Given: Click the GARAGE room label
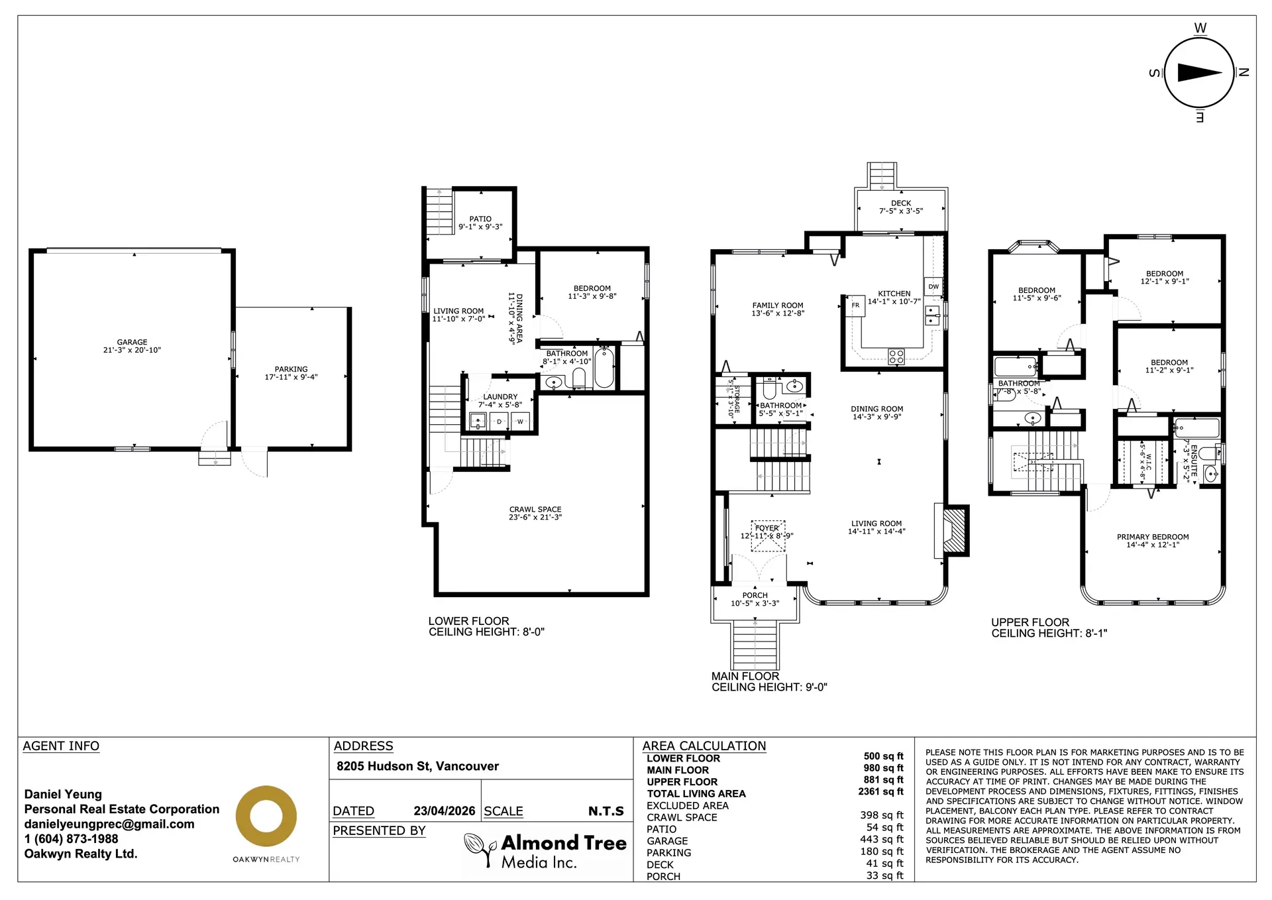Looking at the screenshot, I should click(x=132, y=343).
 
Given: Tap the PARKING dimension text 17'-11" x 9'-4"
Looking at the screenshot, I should click(x=291, y=377).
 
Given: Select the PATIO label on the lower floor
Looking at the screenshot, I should click(x=480, y=219).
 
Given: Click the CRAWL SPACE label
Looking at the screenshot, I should click(x=535, y=510).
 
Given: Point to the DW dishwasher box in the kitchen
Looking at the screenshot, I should click(x=933, y=287).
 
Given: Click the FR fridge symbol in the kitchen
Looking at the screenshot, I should click(x=855, y=306).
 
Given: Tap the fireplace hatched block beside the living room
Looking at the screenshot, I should click(x=955, y=531).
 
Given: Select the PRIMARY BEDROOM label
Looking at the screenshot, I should click(x=1152, y=537).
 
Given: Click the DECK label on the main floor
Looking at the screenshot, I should click(x=900, y=203).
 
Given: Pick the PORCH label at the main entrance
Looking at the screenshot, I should click(x=755, y=595).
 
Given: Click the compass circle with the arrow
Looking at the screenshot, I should click(x=1198, y=73).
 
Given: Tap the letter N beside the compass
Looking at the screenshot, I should click(x=1244, y=73).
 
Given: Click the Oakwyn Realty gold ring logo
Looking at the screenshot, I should click(x=266, y=816).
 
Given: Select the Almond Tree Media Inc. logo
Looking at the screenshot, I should click(x=545, y=851).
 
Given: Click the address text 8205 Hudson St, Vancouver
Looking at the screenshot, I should click(x=417, y=766).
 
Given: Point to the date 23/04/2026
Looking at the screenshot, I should click(x=444, y=811).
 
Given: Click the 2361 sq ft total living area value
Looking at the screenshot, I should click(x=880, y=791).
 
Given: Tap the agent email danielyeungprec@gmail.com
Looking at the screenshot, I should click(x=109, y=824).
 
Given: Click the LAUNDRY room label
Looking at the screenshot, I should click(x=500, y=397).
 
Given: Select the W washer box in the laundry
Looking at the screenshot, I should click(x=520, y=422).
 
